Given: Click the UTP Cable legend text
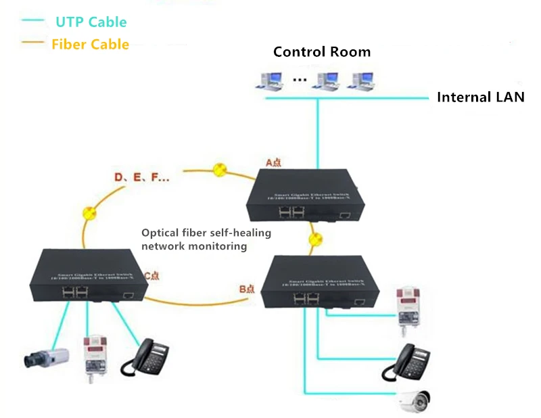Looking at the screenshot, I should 91,22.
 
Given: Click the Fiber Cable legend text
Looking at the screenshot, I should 90,45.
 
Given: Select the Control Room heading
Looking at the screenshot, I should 321,52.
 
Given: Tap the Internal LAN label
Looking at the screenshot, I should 480,97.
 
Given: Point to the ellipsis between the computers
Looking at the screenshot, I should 300,80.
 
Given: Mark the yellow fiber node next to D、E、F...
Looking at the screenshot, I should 219,170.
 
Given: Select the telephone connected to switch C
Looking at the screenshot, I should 144,358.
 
